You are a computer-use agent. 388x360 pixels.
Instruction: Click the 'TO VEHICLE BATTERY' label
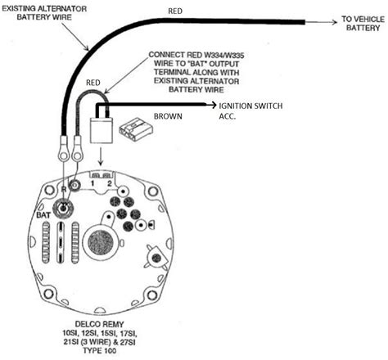(363, 24)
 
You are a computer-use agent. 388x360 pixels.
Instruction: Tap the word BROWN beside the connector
(168, 116)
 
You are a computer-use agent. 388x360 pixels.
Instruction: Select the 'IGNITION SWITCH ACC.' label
(250, 110)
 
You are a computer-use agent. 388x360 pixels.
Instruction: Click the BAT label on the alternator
(43, 215)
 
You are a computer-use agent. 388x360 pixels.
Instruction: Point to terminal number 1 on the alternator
(92, 183)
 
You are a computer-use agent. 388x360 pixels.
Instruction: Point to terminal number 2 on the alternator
(110, 183)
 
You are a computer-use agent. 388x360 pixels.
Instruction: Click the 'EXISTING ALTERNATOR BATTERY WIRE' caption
(44, 13)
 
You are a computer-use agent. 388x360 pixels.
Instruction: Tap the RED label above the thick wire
(175, 11)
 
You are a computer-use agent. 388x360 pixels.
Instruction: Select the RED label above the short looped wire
(93, 83)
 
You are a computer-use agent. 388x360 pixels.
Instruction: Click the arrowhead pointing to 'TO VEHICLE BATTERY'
(334, 22)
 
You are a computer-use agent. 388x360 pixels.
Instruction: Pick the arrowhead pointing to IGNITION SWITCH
(213, 105)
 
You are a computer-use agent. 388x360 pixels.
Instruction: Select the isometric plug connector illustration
(136, 129)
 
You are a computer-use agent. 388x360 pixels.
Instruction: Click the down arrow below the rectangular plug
(101, 157)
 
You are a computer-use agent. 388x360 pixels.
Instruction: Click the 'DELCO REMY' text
(99, 324)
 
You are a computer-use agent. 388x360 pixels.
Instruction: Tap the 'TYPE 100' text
(100, 350)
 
